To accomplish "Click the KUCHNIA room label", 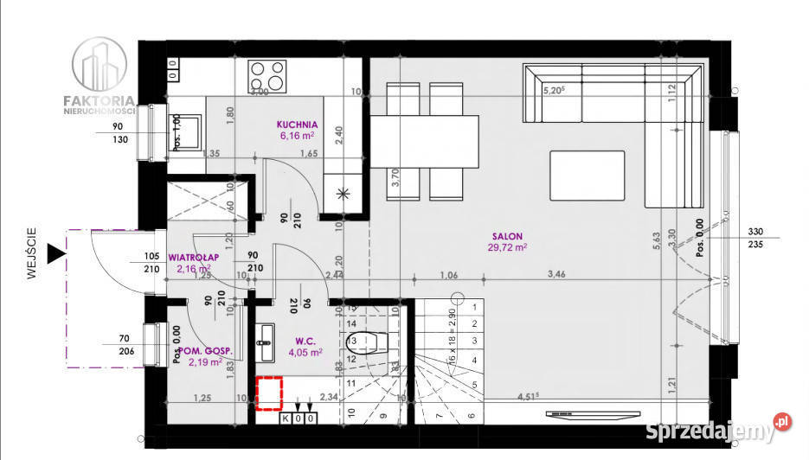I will point(298,124).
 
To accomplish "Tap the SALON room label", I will point(507,236).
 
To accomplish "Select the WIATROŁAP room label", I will point(193,257).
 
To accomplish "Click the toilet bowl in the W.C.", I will point(369,343).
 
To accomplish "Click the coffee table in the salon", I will point(587,176).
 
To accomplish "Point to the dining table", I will point(425,141).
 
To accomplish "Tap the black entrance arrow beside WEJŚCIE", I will point(56,252).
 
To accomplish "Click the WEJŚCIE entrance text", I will point(31,253).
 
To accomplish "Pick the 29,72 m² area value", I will point(507,247).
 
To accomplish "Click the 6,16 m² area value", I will point(298,136).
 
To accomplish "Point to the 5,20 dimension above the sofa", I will point(554,89).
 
